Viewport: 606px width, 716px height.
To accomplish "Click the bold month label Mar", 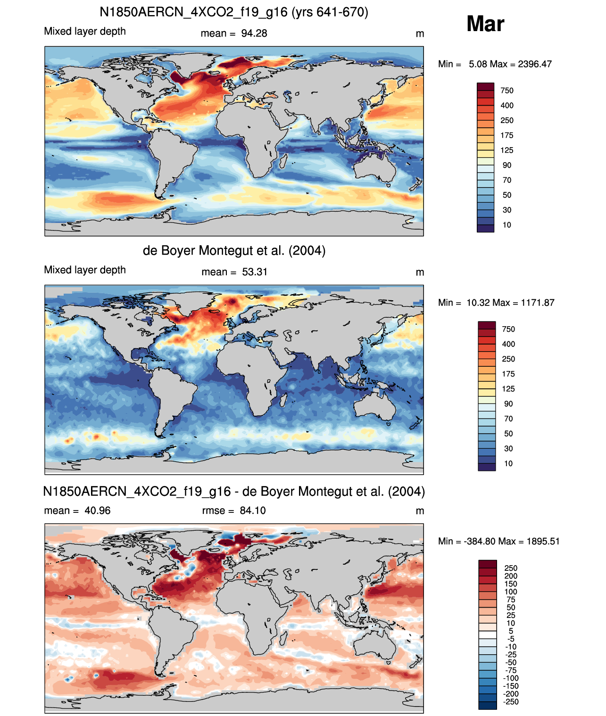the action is tap(485, 24).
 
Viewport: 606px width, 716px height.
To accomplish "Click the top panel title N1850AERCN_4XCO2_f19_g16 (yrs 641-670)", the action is tap(234, 12).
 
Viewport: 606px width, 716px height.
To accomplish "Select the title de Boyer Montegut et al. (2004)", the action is tap(234, 250).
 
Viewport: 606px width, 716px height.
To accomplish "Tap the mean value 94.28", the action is tap(254, 33).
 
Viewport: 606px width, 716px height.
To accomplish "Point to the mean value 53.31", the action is tap(255, 272).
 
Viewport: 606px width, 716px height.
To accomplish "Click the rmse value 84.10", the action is tap(253, 510).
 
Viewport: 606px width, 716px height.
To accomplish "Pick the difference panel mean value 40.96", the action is tap(97, 510).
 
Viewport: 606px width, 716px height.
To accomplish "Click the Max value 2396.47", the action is tap(535, 64).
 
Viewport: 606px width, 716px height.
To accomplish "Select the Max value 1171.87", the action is tap(538, 303).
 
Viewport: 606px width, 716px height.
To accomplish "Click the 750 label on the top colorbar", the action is tap(507, 91).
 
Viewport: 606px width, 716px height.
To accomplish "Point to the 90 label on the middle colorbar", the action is tap(508, 403).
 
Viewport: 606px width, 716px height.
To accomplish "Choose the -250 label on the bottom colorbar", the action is tap(511, 702).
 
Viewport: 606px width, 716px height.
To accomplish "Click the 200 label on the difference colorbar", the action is tap(511, 576).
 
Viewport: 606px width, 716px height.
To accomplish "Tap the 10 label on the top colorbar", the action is tap(507, 225).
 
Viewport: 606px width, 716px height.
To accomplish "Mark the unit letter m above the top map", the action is tap(420, 34).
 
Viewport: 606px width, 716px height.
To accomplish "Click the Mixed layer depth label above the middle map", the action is tap(85, 270).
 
